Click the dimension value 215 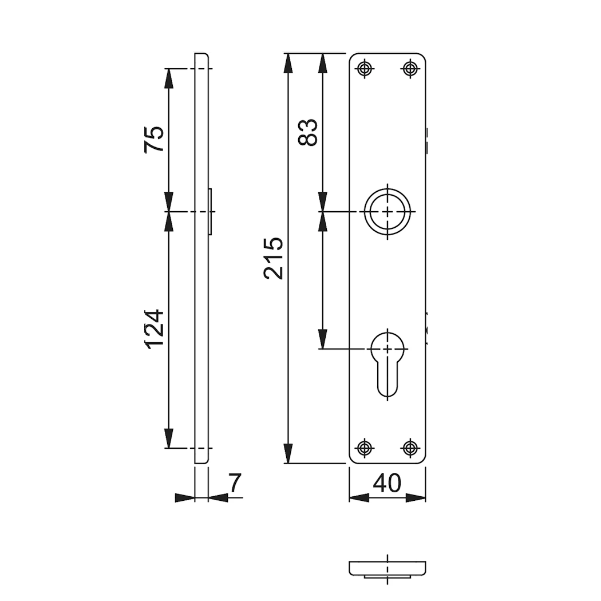[x=274, y=258]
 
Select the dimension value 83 [x=308, y=132]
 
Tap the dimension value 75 [x=154, y=139]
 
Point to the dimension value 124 [x=154, y=329]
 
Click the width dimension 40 [x=387, y=483]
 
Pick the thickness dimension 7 [x=235, y=483]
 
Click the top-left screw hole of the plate [x=365, y=69]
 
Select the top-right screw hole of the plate [x=410, y=69]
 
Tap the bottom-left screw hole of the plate [x=365, y=447]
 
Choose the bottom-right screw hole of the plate [x=410, y=447]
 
